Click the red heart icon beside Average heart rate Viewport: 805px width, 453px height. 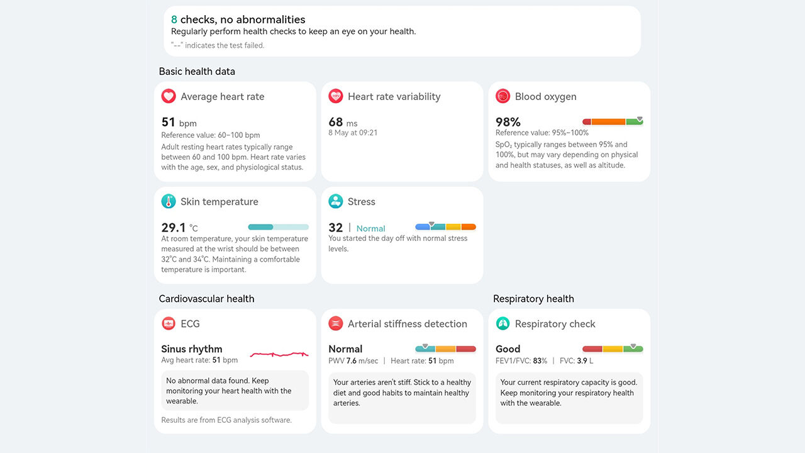(169, 96)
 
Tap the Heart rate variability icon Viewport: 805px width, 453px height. (336, 96)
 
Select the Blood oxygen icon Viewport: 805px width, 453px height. (502, 96)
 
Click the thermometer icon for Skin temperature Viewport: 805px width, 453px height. (169, 201)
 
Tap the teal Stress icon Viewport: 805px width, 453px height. (336, 201)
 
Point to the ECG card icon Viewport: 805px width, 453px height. (169, 323)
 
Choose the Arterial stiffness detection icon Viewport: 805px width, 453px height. (336, 323)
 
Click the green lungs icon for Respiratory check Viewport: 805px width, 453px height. (502, 323)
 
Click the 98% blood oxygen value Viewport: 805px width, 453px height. (508, 122)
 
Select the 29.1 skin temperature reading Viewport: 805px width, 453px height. (174, 228)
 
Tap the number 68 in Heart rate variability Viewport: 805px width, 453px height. (336, 122)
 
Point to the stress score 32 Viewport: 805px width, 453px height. (336, 228)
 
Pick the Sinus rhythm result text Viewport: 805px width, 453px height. (192, 349)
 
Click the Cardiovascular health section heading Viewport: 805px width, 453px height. (206, 299)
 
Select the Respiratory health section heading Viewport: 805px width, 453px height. (533, 299)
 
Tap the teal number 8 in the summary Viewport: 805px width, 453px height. (174, 20)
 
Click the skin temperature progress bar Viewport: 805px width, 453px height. (279, 227)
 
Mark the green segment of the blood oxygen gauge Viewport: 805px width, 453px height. (634, 122)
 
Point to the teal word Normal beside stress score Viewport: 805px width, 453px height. (371, 228)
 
